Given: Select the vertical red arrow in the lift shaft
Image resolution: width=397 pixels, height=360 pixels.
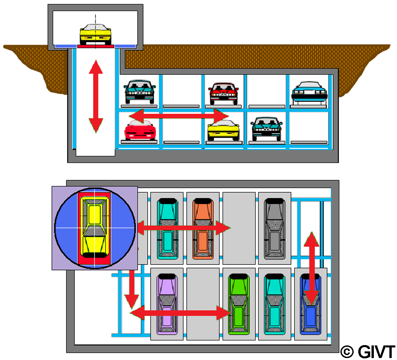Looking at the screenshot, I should click(x=96, y=96).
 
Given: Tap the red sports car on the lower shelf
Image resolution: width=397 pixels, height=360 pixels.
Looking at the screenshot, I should click(x=140, y=130).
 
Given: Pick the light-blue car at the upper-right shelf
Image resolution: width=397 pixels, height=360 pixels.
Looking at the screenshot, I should click(x=309, y=91).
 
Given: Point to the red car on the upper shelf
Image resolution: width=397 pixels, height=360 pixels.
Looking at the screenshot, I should click(x=223, y=92).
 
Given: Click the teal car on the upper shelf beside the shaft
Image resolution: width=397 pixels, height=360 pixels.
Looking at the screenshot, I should click(x=140, y=91).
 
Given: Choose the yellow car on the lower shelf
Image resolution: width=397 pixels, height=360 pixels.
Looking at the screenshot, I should click(x=223, y=130).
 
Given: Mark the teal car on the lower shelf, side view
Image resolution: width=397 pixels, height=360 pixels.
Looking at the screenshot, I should click(x=266, y=128).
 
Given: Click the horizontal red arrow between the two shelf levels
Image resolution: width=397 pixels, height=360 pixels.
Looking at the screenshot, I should click(x=179, y=116).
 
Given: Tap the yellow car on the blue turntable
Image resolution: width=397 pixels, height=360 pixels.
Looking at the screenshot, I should click(x=95, y=227).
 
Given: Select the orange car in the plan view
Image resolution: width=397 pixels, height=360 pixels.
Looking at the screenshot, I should click(x=203, y=228).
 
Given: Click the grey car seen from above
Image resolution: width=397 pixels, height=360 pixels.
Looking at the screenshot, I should click(x=275, y=228).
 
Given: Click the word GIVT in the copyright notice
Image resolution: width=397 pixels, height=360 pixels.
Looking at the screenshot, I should click(x=377, y=351).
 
